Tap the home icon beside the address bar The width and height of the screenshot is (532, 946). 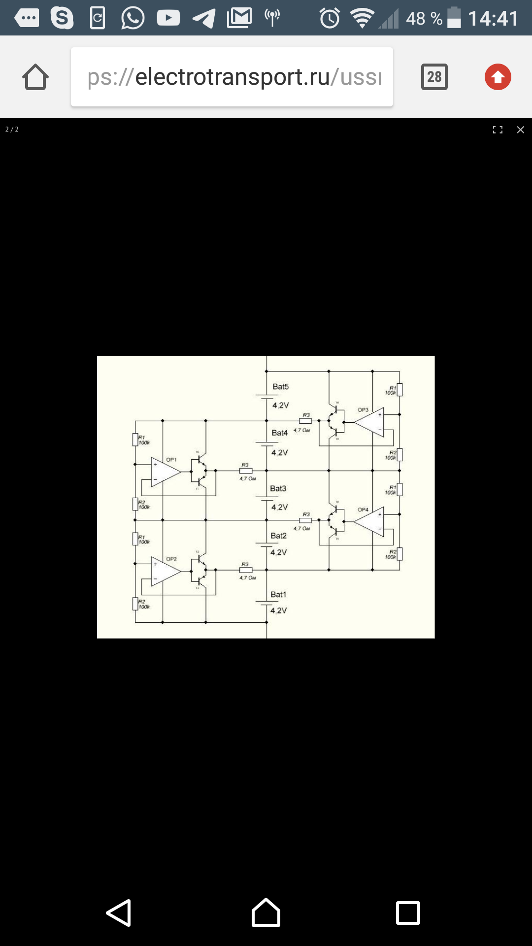35,77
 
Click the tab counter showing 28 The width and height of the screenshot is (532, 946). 434,77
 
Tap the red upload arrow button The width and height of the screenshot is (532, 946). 498,77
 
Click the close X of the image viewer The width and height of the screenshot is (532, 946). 520,130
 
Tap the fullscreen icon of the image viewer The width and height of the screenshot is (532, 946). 498,130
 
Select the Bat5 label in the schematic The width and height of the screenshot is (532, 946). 281,387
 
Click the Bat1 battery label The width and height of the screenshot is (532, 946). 278,595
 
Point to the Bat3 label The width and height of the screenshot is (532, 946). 278,489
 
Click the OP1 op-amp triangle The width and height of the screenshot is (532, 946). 165,472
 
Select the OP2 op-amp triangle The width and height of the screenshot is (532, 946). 165,572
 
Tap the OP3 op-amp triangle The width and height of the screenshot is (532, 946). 370,422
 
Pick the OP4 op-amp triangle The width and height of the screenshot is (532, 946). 370,521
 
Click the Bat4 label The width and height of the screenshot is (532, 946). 279,433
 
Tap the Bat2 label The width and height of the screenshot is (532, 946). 278,536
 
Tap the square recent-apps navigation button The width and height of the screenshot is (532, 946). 408,913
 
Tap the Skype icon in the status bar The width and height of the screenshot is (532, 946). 62,18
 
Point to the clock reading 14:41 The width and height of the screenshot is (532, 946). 493,19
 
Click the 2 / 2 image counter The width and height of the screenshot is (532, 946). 12,130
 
